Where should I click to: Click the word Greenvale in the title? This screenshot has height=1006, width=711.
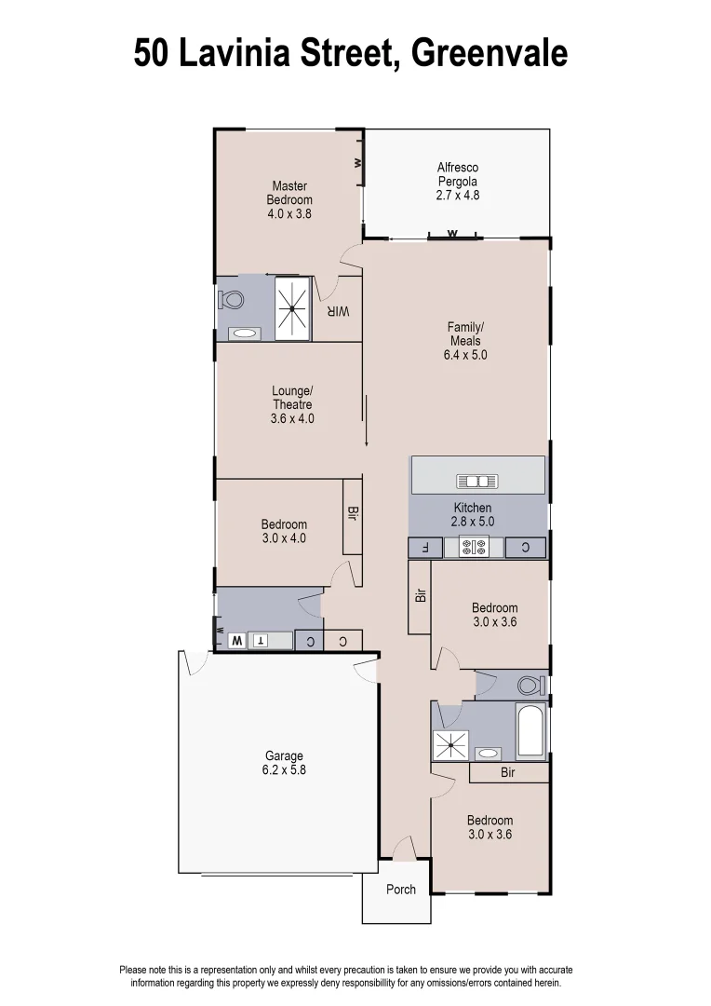489,53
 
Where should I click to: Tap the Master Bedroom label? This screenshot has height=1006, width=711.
289,199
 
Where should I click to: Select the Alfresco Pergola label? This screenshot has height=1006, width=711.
457,182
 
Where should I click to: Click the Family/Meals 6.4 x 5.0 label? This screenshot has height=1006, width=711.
466,341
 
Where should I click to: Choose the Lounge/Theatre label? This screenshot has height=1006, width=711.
292,405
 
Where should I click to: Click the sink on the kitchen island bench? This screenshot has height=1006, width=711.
477,481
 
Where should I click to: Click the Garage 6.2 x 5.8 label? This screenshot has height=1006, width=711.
283,764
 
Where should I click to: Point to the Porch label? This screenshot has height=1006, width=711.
401,890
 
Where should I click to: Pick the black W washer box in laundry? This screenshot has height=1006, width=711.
236,641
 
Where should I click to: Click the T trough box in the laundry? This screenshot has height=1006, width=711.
261,641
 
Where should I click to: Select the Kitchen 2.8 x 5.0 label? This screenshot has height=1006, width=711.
473,515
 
